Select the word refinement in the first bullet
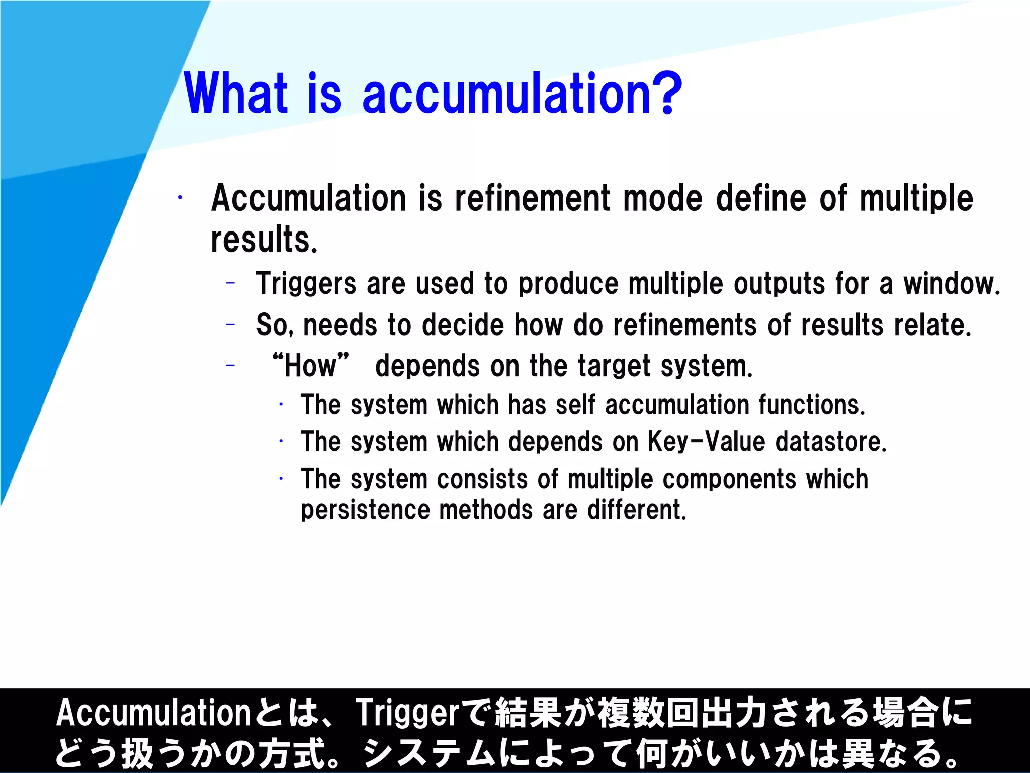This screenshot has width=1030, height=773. (x=533, y=198)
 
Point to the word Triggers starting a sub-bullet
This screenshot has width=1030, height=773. (x=305, y=283)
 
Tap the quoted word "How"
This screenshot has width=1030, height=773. (x=310, y=366)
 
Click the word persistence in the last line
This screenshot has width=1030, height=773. (x=365, y=510)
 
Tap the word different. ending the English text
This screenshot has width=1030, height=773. (x=637, y=510)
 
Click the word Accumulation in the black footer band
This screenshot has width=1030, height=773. (x=153, y=713)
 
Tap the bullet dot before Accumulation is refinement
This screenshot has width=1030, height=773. (x=180, y=198)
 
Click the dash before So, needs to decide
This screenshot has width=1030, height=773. (x=231, y=324)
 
